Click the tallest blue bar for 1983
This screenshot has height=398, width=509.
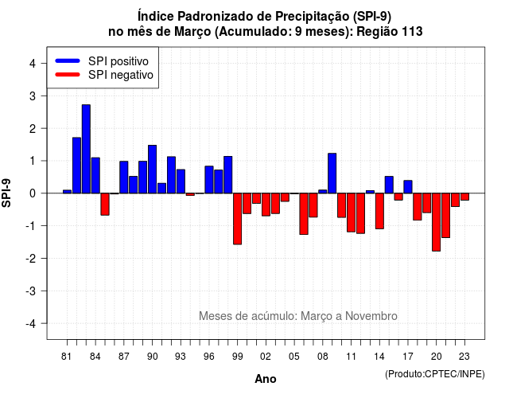click(x=86, y=149)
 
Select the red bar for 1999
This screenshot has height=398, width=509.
click(x=237, y=219)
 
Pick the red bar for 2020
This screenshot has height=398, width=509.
click(x=437, y=222)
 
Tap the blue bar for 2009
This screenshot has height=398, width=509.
click(x=332, y=174)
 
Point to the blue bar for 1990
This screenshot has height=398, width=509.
click(x=152, y=170)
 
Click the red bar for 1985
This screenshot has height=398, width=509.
click(x=105, y=204)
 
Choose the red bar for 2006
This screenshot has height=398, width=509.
click(x=304, y=214)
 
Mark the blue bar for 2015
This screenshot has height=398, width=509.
click(x=389, y=185)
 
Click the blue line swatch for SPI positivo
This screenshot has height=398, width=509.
click(x=68, y=60)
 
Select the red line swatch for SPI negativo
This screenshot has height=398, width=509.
click(x=68, y=75)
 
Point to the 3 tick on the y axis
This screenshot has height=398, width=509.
click(x=44, y=96)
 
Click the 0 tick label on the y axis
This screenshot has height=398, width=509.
click(x=33, y=193)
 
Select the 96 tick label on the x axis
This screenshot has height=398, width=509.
click(x=209, y=357)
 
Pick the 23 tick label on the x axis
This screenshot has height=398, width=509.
click(x=464, y=357)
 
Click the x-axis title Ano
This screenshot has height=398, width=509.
click(x=266, y=379)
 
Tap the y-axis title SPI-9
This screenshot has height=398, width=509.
click(x=6, y=193)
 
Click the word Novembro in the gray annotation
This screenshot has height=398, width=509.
click(x=371, y=316)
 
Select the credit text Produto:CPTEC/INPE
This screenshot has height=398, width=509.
click(x=435, y=374)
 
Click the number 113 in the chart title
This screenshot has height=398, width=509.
click(x=412, y=32)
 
